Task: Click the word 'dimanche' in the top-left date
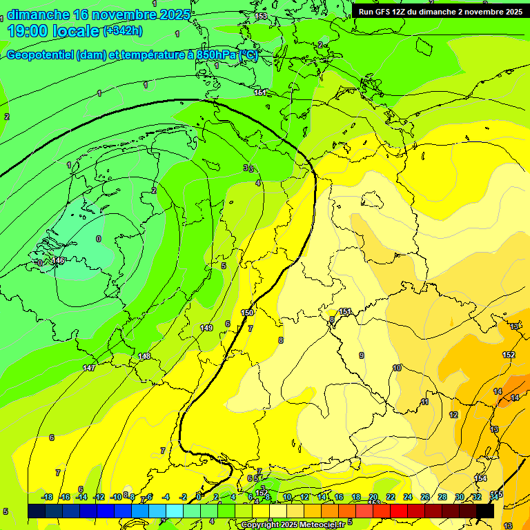pyautogui.click(x=38, y=14)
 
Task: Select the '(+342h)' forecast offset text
pyautogui.click(x=124, y=30)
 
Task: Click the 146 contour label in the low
pyautogui.click(x=58, y=260)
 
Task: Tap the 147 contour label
pyautogui.click(x=89, y=368)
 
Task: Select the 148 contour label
pyautogui.click(x=144, y=356)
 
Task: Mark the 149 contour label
pyautogui.click(x=206, y=327)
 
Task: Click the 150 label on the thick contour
pyautogui.click(x=247, y=313)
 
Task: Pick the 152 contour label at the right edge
pyautogui.click(x=509, y=355)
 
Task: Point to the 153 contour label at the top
pyautogui.click(x=261, y=16)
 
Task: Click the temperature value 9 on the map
pyautogui.click(x=361, y=355)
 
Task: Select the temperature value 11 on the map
pyautogui.click(x=425, y=402)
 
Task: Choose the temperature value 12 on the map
pyautogui.click(x=453, y=415)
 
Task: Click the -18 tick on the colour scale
pyautogui.click(x=47, y=497)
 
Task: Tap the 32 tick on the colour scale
pyautogui.click(x=477, y=497)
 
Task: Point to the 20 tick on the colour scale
pyautogui.click(x=373, y=497)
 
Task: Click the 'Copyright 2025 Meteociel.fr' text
pyautogui.click(x=293, y=524)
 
